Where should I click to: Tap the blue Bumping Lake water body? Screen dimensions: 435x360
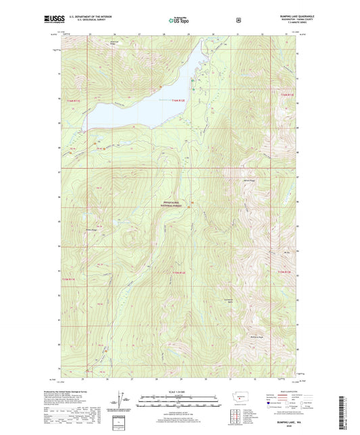click(135, 111)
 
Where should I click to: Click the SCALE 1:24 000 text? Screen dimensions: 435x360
click(180, 391)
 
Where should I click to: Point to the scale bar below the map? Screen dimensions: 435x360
click(180, 403)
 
